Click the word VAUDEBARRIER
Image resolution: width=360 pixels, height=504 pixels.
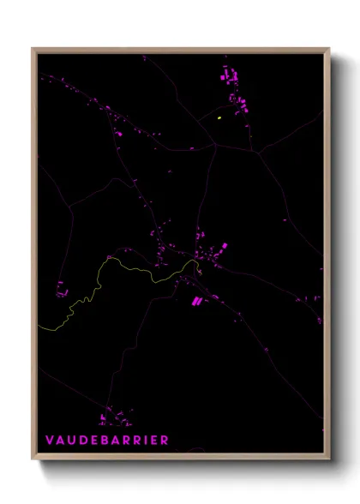(107, 441)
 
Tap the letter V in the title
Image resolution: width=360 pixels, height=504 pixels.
(50, 441)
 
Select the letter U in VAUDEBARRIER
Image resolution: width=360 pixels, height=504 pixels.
(72, 441)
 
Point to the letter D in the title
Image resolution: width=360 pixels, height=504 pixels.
(84, 441)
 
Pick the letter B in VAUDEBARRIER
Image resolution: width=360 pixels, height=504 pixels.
(106, 441)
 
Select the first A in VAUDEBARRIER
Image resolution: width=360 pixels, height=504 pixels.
(61, 441)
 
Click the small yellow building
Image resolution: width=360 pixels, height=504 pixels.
(219, 117)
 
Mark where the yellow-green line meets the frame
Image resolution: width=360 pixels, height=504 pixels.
(39, 327)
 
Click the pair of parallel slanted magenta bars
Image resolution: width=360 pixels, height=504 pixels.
(195, 301)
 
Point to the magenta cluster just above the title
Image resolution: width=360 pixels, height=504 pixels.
(113, 419)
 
